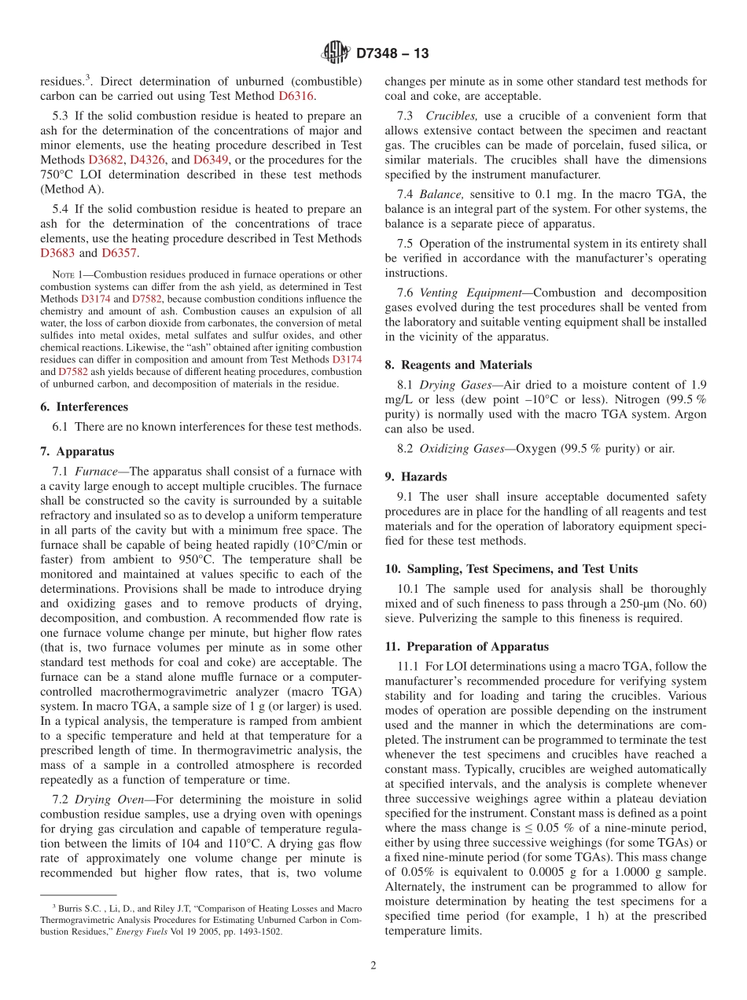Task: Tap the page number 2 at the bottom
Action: [373, 965]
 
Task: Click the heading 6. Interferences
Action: [84, 406]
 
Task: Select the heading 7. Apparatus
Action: [77, 451]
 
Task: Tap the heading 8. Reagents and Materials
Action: [458, 365]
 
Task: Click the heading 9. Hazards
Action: [416, 476]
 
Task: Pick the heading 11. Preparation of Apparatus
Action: [467, 646]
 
